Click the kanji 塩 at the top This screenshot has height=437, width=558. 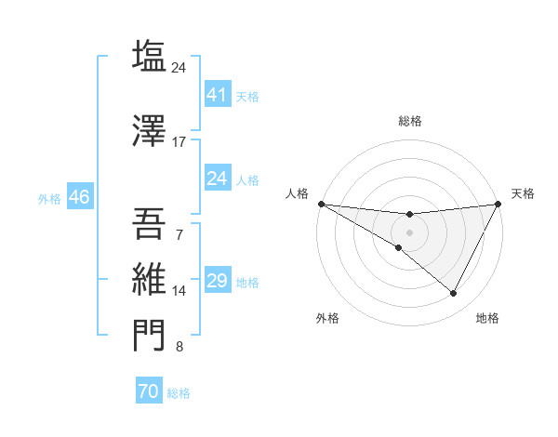coord(149,56)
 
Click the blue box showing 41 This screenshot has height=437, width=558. coord(217,95)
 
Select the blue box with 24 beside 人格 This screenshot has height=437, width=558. coord(217,179)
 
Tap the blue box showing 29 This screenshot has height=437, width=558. coord(217,281)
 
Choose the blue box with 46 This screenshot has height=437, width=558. coord(78,197)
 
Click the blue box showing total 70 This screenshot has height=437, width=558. coord(148,391)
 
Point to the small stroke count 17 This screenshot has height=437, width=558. coord(179,142)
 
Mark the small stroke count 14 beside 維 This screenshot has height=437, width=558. coord(179,291)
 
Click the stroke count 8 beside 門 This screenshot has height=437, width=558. coord(179,348)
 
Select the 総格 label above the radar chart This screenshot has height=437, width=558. coord(409,121)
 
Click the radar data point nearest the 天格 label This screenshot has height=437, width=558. coord(498,204)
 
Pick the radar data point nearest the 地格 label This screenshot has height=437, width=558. coord(454,294)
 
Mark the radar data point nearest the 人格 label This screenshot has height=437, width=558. coord(321,204)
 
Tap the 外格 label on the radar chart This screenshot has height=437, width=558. coord(327,318)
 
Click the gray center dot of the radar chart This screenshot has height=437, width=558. coord(409,232)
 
